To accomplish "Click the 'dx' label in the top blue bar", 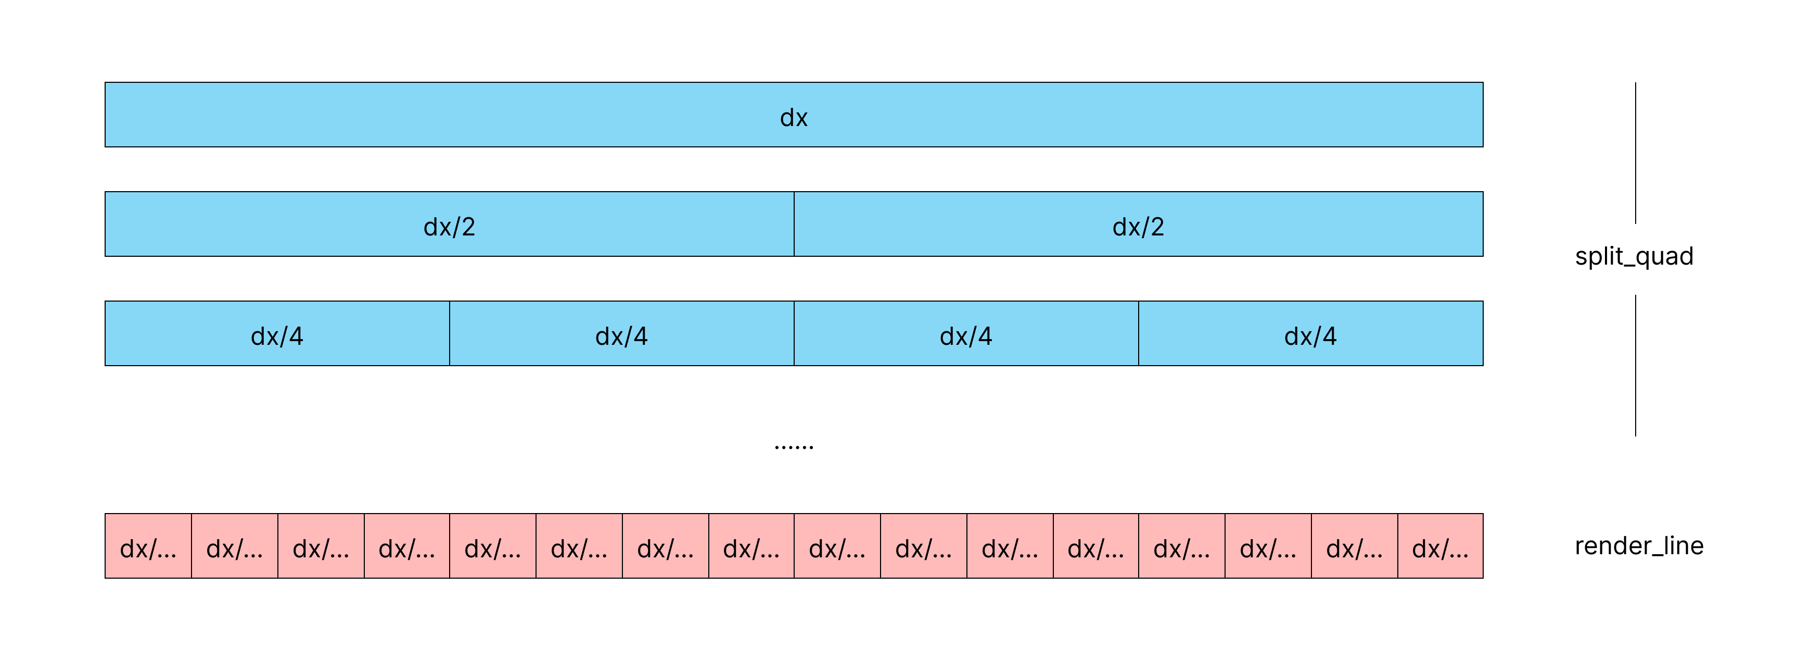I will click(x=793, y=117).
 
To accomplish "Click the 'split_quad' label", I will click(x=1634, y=256).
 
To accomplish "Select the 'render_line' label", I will click(x=1639, y=546).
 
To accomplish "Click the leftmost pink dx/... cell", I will click(x=148, y=546).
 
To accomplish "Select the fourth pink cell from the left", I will click(x=407, y=546).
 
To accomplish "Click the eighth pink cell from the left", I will click(x=751, y=546).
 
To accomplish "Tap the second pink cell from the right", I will click(x=1354, y=546).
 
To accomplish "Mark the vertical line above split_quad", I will click(x=1635, y=153).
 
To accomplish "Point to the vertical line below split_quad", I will click(x=1635, y=366).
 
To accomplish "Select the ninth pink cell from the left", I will click(x=837, y=546).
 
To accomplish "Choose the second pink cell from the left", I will click(x=235, y=546).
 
